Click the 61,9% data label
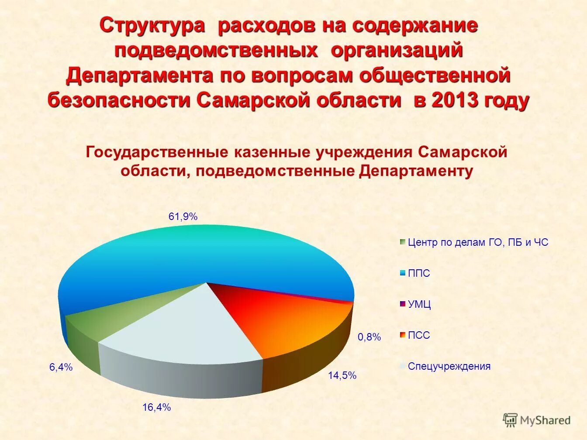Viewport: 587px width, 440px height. point(183,216)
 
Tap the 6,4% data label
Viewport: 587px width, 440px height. point(61,368)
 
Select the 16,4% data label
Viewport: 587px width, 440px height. point(156,408)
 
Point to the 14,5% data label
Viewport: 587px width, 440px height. point(342,375)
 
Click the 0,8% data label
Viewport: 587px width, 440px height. point(369,337)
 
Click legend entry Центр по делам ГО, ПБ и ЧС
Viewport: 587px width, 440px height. point(477,243)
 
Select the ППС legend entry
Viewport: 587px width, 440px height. point(418,274)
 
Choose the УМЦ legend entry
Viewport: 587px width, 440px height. point(419,305)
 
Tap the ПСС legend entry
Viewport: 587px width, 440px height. point(418,336)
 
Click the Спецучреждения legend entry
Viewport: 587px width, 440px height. point(449,366)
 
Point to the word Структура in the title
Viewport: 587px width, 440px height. point(153,26)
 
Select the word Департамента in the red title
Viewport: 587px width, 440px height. point(139,76)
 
